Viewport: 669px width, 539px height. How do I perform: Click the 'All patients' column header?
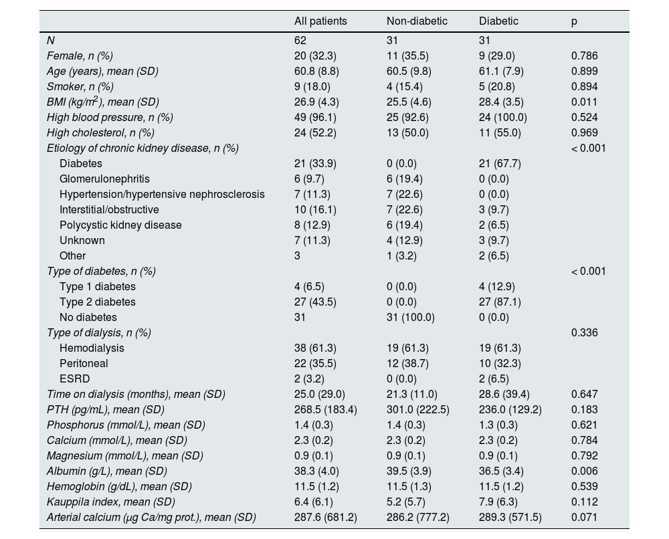[320, 21]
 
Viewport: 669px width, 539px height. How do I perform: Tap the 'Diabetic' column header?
[498, 21]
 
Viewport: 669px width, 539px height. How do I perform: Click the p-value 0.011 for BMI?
[584, 102]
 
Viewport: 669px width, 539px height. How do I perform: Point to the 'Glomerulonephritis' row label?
[104, 179]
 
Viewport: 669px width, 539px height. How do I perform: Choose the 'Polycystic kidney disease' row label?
[120, 225]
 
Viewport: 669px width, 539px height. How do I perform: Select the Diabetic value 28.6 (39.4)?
[506, 394]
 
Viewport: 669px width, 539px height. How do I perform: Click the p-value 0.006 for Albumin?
[584, 471]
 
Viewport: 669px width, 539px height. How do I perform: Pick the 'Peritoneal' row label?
[84, 363]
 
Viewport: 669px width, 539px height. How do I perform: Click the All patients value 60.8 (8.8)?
[318, 71]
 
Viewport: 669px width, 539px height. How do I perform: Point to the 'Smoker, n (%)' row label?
[80, 86]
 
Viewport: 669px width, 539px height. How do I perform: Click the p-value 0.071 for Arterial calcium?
[584, 517]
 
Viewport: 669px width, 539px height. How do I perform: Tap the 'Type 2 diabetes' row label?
[98, 302]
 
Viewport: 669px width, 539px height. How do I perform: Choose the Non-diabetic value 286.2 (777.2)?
[418, 517]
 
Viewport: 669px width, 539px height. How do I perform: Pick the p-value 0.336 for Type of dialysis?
[584, 332]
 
